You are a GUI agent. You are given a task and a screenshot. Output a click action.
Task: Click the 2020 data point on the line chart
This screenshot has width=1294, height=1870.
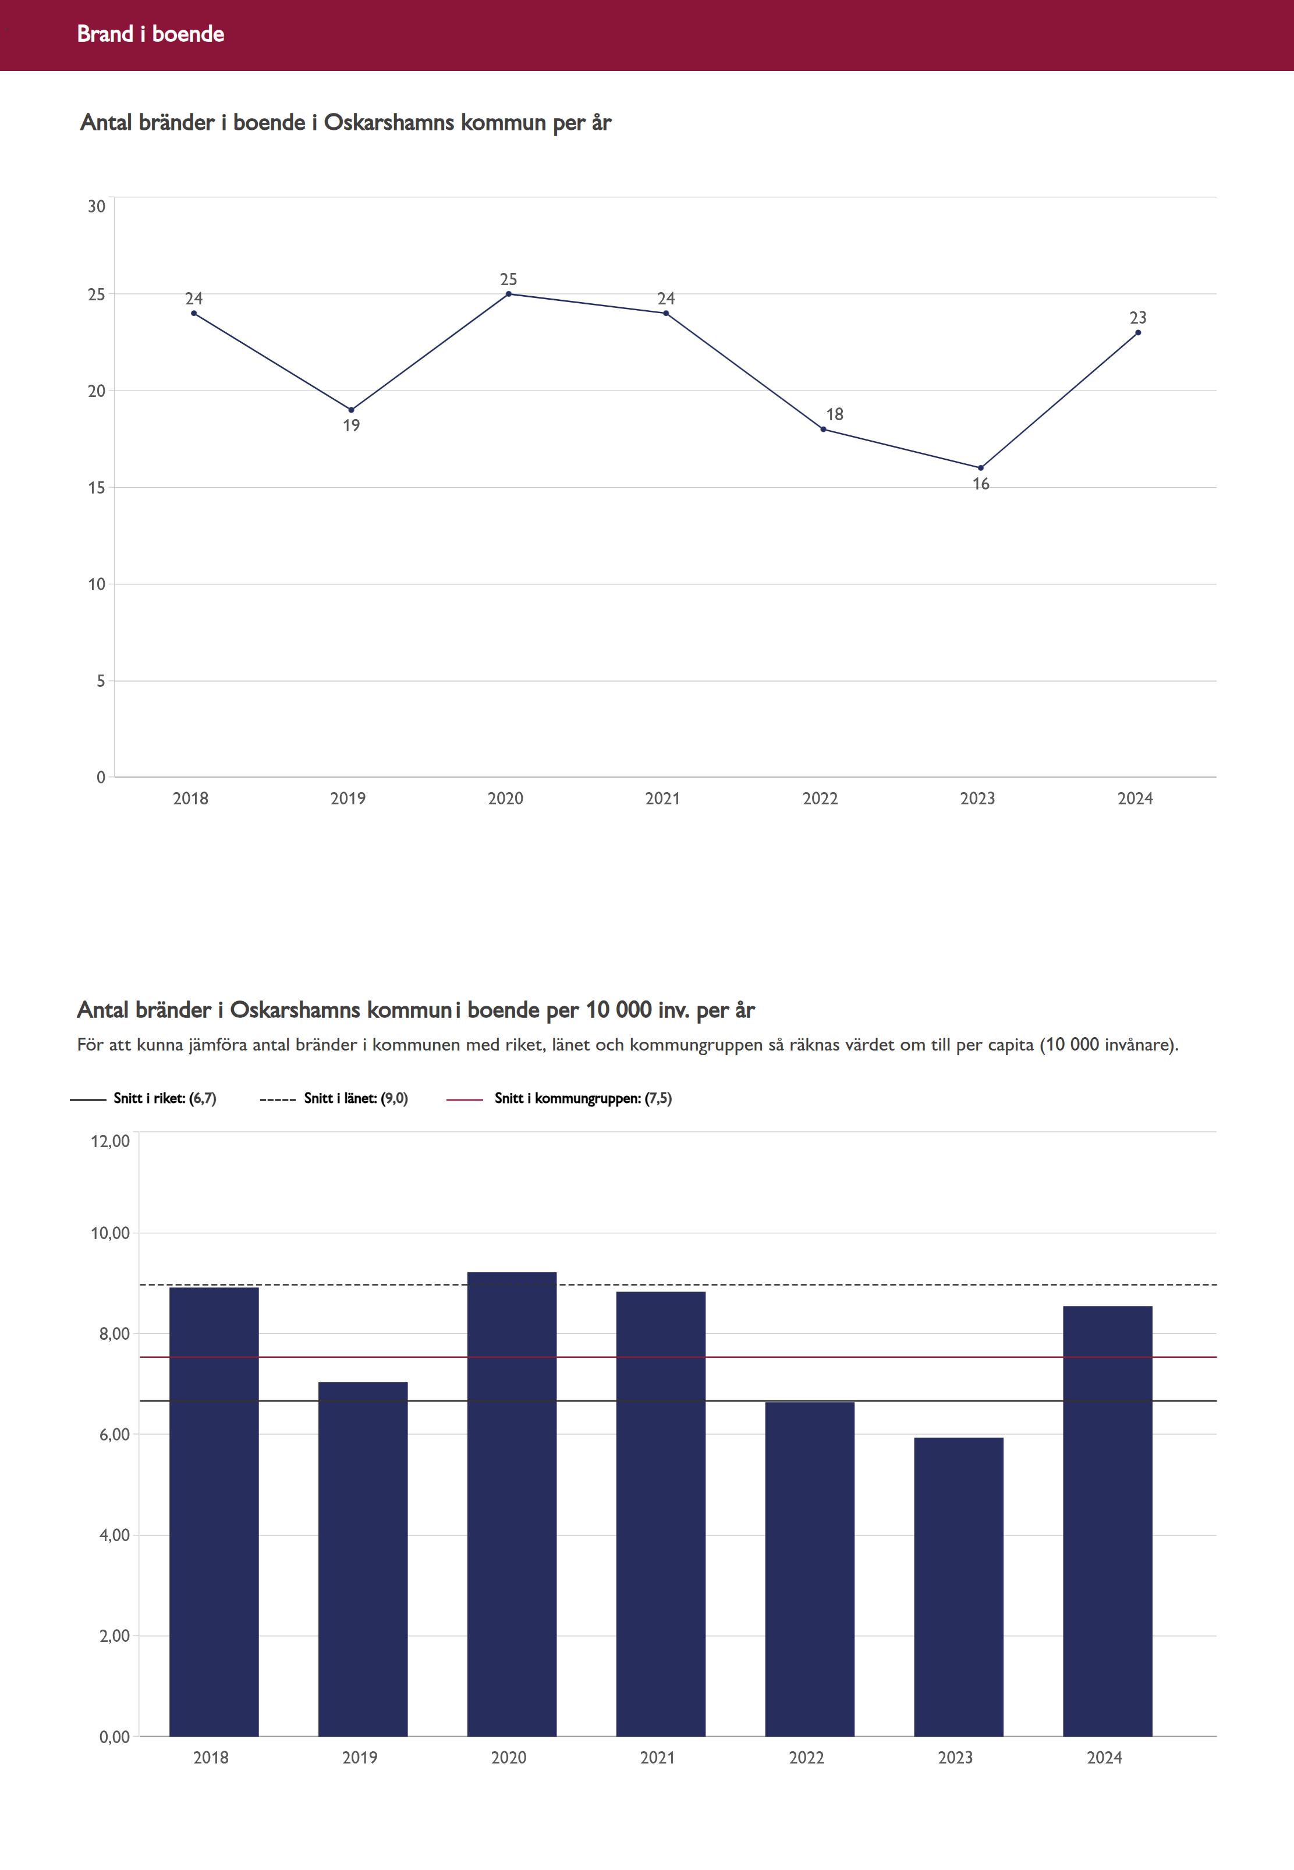point(508,293)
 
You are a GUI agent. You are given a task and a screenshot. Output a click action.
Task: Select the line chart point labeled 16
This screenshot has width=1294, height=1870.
point(980,468)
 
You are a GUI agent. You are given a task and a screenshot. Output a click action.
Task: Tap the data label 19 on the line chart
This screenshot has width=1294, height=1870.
point(351,425)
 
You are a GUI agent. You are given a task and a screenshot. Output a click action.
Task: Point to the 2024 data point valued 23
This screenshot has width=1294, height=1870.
point(1137,332)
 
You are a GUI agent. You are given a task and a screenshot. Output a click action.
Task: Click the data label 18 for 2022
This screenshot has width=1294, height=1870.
point(834,414)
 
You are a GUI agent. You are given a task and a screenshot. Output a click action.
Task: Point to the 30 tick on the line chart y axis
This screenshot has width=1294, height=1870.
point(97,207)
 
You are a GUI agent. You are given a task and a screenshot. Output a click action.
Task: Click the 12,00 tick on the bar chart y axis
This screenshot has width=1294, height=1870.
point(110,1141)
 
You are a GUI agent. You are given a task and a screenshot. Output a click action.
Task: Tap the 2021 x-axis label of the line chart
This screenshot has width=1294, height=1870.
point(662,799)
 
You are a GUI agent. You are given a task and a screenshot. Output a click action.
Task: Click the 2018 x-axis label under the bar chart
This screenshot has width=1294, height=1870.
point(211,1757)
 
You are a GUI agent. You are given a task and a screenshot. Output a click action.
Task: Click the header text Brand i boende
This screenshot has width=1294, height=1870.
point(151,34)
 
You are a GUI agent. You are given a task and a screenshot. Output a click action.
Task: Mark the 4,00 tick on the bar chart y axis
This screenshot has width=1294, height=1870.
point(114,1535)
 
